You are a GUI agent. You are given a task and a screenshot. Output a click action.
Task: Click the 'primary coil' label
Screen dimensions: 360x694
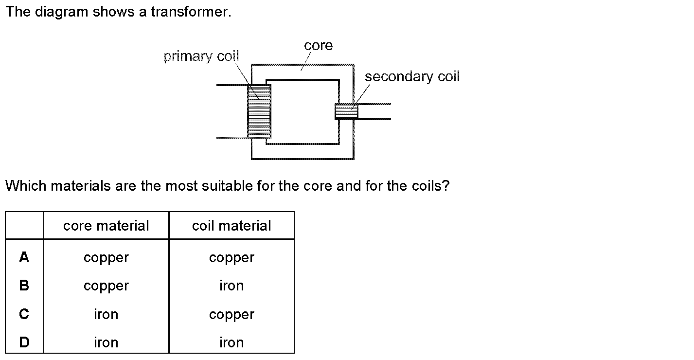(201, 56)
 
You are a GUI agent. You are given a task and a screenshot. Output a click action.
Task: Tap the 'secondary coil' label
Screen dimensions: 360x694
(411, 77)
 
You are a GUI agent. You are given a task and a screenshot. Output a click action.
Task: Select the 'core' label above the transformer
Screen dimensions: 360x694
(318, 46)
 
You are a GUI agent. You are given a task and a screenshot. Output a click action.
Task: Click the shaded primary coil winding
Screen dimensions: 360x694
(259, 111)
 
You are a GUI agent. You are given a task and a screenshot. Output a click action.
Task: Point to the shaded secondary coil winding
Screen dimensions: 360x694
(346, 111)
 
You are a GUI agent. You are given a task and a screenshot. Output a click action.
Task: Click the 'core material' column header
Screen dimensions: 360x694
(106, 226)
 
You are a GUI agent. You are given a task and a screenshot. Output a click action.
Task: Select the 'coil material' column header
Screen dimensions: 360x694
(231, 226)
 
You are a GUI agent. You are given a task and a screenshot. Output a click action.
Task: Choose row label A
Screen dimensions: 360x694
(24, 257)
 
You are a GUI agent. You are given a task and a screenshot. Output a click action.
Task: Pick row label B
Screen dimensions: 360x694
(24, 286)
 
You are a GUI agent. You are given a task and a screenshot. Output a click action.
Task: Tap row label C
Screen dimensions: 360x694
(24, 314)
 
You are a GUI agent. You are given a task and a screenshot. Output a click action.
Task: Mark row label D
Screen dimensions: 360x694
(24, 342)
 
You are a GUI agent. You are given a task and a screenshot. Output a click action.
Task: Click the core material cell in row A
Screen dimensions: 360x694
(106, 258)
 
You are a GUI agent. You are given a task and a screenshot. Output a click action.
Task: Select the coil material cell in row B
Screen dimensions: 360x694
(231, 286)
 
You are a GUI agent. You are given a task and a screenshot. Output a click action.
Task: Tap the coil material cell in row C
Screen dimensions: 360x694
(231, 315)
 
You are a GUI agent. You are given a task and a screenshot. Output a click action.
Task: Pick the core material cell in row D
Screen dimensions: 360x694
(106, 342)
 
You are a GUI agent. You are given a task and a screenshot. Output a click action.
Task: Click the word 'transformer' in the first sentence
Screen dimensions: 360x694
(190, 12)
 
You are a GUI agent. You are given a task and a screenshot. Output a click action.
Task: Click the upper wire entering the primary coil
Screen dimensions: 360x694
(231, 85)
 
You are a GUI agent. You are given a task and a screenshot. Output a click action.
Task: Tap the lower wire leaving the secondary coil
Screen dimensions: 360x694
(374, 119)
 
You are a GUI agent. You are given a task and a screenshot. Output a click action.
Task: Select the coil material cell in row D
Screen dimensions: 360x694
(231, 342)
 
